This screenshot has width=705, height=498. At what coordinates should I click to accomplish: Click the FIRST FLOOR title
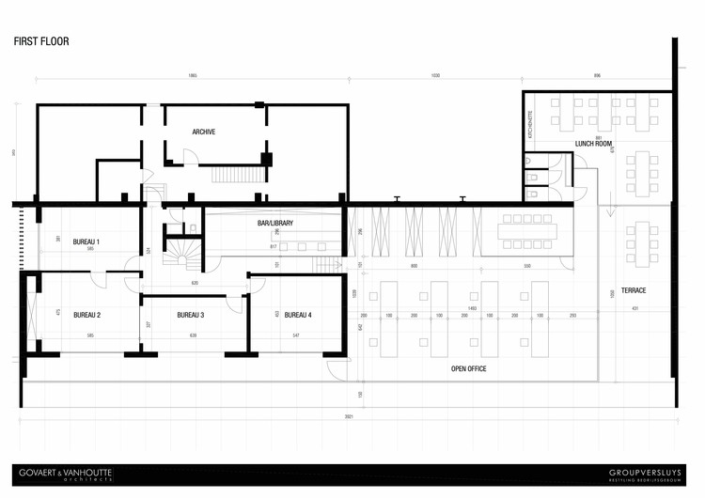pyautogui.click(x=41, y=42)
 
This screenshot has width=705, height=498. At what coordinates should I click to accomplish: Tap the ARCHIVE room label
pyautogui.click(x=204, y=132)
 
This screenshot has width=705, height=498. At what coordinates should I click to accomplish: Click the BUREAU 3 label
pyautogui.click(x=191, y=315)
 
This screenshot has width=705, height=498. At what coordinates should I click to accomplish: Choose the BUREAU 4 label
pyautogui.click(x=298, y=315)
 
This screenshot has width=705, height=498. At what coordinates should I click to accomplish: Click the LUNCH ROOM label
pyautogui.click(x=594, y=144)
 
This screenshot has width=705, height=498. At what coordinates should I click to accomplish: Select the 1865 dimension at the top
pyautogui.click(x=192, y=74)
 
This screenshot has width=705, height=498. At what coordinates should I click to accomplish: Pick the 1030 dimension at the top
pyautogui.click(x=434, y=74)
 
